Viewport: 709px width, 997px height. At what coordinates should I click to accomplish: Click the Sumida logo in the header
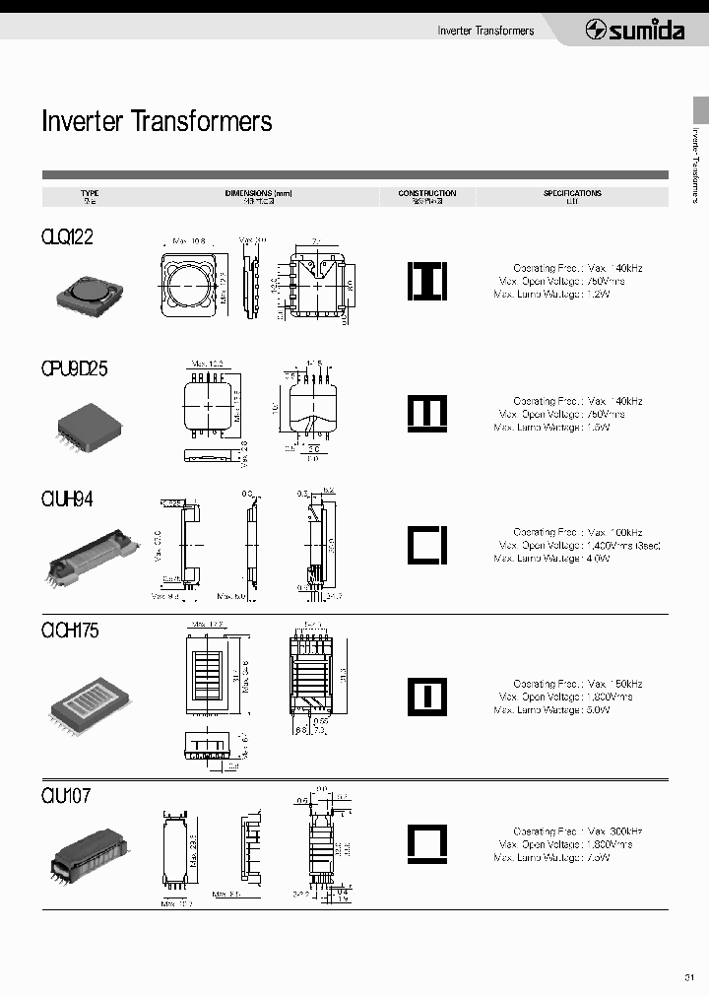[635, 31]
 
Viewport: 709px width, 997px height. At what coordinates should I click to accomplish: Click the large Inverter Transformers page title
[157, 121]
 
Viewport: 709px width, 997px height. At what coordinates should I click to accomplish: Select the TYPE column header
[90, 197]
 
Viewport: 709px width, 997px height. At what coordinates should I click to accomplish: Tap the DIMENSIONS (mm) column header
[259, 197]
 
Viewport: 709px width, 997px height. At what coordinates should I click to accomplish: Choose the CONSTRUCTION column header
[427, 197]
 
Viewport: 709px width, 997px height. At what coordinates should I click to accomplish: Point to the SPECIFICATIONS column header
[572, 197]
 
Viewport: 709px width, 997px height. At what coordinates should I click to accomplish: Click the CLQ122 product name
[68, 237]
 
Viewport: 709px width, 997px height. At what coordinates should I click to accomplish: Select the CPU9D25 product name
[75, 369]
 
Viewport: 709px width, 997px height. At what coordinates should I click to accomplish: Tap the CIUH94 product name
[68, 500]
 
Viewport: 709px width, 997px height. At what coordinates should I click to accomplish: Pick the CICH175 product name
[71, 631]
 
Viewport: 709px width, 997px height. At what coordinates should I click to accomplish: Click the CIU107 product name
[66, 795]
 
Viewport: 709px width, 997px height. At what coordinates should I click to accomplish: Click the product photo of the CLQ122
[90, 289]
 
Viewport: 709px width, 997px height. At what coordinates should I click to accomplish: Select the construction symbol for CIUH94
[427, 545]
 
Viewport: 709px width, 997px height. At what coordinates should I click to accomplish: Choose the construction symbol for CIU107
[427, 843]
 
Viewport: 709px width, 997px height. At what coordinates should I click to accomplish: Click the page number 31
[688, 977]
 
